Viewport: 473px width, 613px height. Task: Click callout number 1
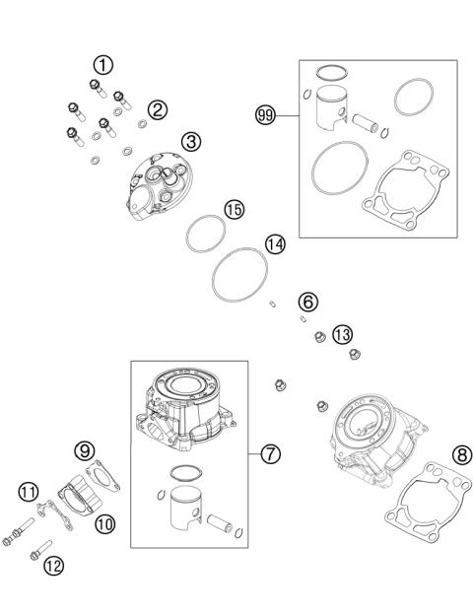(102, 65)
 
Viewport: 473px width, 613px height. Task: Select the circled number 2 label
(157, 109)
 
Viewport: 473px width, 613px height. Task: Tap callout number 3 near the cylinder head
(191, 141)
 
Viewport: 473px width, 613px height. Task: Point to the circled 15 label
(235, 209)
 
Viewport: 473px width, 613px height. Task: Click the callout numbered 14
(275, 243)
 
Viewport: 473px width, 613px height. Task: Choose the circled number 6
(307, 300)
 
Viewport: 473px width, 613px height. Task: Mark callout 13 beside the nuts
(342, 334)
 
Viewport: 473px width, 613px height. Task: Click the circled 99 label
(263, 115)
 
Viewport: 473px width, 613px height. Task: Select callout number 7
(272, 454)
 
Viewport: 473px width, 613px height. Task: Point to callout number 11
(28, 491)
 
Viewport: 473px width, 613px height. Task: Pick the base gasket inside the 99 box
(404, 207)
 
